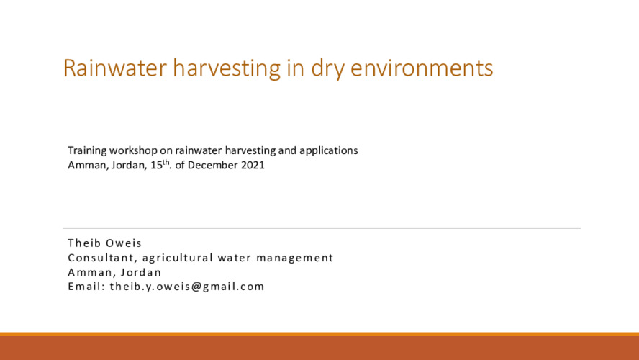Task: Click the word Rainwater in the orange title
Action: (x=115, y=68)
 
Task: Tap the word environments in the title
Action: (x=422, y=68)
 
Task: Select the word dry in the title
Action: (x=327, y=69)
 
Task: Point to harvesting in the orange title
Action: (x=227, y=69)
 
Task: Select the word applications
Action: (x=328, y=151)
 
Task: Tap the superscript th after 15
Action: (x=166, y=162)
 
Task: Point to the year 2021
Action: (x=253, y=165)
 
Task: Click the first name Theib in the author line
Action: (x=84, y=243)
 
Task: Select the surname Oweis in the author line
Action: (x=124, y=243)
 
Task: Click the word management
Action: (x=294, y=258)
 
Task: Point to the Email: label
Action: (x=87, y=287)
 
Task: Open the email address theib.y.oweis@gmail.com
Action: (x=187, y=287)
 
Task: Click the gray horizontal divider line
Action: (x=322, y=228)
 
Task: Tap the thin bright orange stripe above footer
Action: (x=319, y=334)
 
